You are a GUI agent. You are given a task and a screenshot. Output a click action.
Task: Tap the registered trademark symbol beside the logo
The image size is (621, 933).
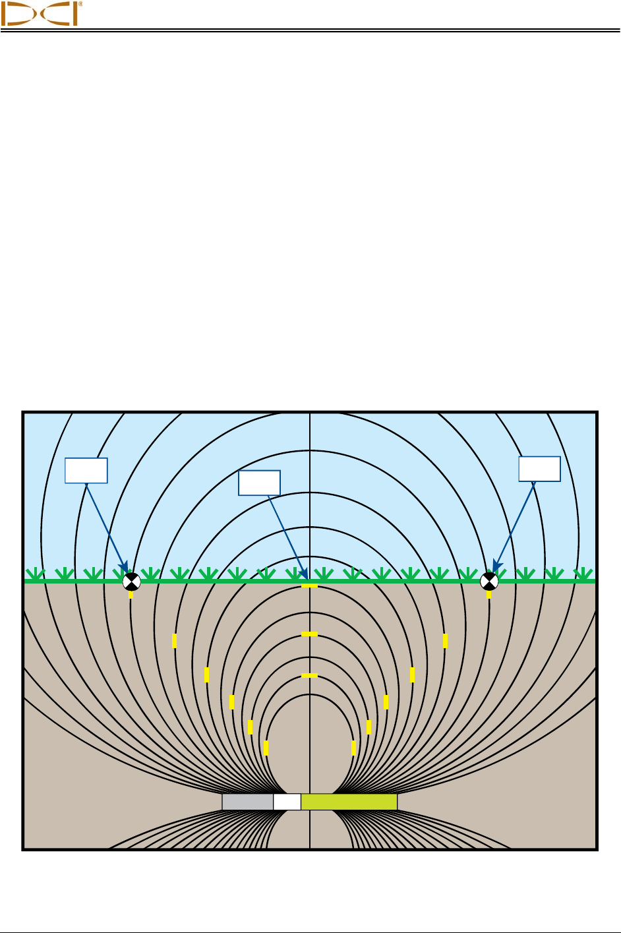tap(80, 4)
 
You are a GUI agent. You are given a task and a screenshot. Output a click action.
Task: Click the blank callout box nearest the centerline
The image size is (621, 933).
tap(259, 483)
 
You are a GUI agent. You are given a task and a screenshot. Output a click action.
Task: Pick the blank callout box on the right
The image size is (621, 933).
tap(539, 469)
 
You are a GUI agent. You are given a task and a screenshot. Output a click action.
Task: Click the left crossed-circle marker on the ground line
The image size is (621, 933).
tap(132, 582)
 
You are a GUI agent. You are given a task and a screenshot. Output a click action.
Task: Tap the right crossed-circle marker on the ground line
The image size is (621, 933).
tap(488, 581)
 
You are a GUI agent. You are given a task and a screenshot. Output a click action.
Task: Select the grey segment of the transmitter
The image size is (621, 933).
tap(247, 802)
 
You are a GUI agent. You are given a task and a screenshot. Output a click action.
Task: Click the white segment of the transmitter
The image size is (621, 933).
tap(287, 802)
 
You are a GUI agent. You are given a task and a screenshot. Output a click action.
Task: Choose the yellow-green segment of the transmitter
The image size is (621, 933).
tap(349, 802)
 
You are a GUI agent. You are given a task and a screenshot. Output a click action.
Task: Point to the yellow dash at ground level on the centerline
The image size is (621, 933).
tap(309, 586)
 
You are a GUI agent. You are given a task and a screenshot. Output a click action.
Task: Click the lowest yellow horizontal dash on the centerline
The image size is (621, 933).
tap(309, 676)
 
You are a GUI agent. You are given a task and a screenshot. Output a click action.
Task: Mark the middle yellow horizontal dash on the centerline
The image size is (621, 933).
tap(309, 634)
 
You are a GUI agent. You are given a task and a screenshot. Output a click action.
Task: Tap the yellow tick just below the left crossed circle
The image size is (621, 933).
tap(131, 595)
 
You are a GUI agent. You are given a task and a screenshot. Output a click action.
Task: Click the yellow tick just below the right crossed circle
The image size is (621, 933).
tap(488, 595)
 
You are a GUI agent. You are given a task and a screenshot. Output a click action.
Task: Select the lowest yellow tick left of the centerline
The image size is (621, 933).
tap(266, 748)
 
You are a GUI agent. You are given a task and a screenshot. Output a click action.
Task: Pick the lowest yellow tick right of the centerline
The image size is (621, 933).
tap(354, 748)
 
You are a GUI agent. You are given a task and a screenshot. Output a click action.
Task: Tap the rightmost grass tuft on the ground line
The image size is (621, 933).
tap(582, 574)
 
